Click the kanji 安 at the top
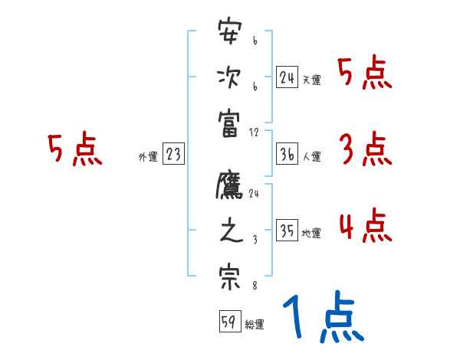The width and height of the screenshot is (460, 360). point(229,35)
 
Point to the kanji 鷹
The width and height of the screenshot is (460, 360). point(229,188)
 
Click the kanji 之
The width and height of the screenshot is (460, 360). point(229,232)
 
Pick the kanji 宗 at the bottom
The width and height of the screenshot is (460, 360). point(229,276)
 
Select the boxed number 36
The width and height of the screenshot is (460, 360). point(287,154)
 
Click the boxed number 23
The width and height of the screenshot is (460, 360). point(173,154)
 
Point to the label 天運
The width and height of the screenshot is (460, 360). point(311,80)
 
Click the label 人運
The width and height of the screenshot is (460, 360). point(311,156)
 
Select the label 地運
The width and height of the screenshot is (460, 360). point(311,233)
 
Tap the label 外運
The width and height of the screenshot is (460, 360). point(148,156)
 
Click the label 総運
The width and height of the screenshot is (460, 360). point(255,324)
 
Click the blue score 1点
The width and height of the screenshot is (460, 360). point(323,318)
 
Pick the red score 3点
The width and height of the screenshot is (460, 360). point(365,149)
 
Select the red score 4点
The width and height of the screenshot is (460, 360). point(365,226)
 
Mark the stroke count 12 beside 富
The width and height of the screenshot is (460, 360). point(255,132)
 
